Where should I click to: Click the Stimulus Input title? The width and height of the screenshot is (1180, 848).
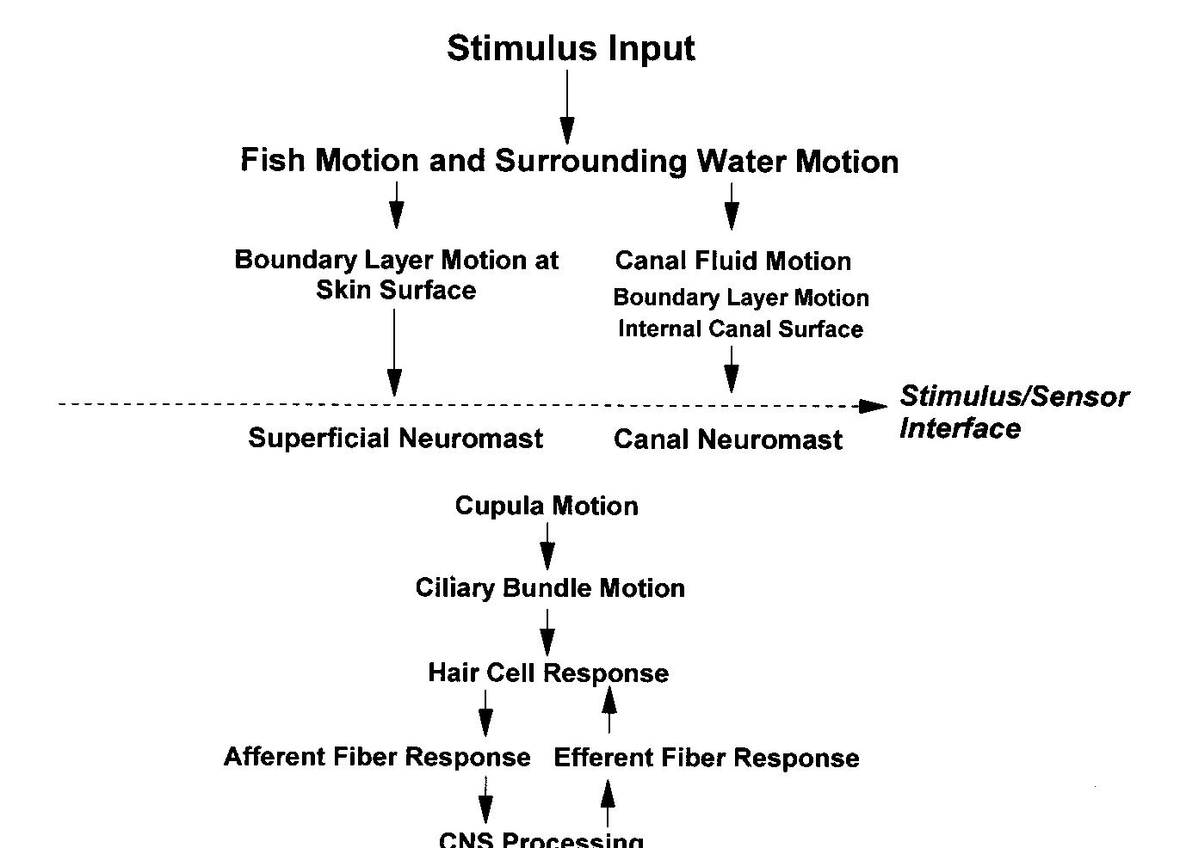click(571, 48)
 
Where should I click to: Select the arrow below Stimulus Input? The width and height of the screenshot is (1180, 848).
click(567, 107)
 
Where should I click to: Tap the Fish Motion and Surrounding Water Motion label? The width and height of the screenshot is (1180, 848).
click(569, 161)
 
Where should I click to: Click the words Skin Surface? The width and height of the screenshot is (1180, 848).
click(396, 290)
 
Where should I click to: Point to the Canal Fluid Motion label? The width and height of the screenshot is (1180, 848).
click(732, 261)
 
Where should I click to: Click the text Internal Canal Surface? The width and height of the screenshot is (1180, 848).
click(740, 329)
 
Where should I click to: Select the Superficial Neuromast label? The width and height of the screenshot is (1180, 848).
click(395, 438)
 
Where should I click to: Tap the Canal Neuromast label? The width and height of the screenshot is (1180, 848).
click(727, 439)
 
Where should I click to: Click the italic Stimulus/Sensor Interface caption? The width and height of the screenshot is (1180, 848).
click(1013, 412)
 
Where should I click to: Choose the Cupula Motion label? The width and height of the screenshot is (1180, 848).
click(547, 506)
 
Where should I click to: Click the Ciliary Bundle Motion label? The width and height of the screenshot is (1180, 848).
click(550, 588)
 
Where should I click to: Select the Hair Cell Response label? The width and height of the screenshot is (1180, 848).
click(548, 673)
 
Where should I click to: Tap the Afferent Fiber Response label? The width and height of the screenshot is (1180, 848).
click(377, 757)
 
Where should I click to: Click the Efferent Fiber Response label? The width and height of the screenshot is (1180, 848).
click(706, 758)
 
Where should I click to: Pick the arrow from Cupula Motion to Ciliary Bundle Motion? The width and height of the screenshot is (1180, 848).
click(547, 545)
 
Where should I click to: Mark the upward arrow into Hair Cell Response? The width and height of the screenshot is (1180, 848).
click(609, 710)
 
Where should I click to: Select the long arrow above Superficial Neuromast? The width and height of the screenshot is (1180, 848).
click(394, 353)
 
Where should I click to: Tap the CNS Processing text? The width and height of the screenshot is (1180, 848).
click(541, 839)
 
